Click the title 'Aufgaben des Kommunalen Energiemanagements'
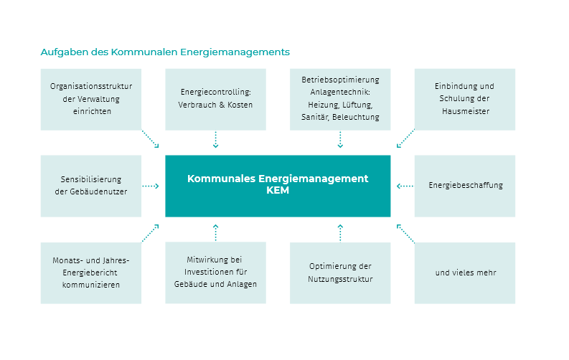point(165,52)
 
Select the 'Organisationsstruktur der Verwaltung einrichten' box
point(91,100)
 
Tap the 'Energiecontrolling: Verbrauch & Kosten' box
point(215,100)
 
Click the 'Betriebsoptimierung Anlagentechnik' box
point(340,100)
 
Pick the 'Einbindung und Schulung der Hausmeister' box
point(465,100)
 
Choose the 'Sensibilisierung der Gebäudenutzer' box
point(91,186)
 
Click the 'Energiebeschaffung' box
point(465,186)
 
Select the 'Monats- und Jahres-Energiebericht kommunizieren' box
point(91,273)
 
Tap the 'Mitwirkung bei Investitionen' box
point(215,273)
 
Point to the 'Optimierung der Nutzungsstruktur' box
point(340,273)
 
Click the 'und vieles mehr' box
point(465,273)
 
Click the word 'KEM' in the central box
point(278,190)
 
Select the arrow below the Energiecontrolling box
point(215,140)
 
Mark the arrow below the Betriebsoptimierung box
point(340,140)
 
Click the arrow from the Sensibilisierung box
point(151,186)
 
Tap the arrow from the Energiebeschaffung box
point(405,186)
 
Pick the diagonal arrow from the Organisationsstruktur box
point(150,139)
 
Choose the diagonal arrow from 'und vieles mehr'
point(405,234)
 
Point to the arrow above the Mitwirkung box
point(215,232)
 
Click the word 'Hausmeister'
point(466,111)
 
